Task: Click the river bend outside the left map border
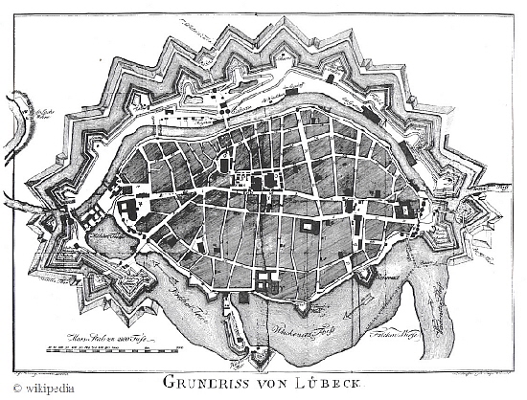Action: [x=14, y=105]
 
